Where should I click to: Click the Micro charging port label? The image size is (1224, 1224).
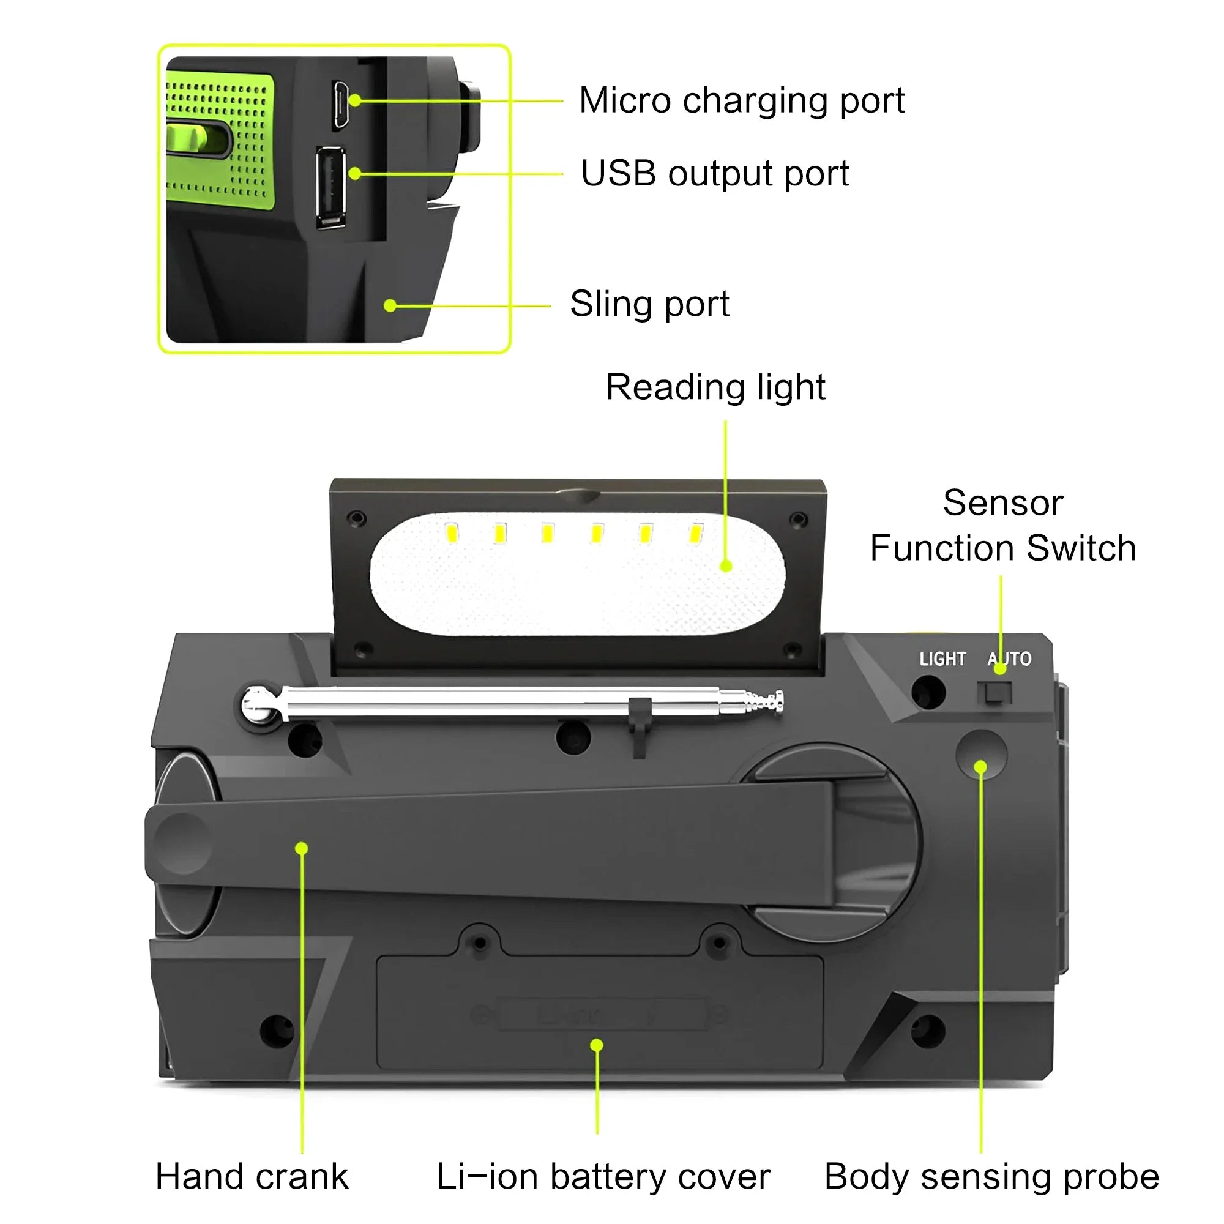(x=741, y=101)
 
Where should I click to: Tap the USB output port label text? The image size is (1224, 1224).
(x=714, y=174)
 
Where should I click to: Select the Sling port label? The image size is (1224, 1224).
(x=649, y=304)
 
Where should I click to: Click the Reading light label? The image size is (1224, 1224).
(x=715, y=387)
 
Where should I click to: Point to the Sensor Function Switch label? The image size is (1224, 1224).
(x=1002, y=525)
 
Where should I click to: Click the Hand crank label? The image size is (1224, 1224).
(x=252, y=1176)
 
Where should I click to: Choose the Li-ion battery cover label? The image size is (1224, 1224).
(x=603, y=1176)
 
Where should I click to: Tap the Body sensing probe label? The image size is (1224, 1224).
(x=991, y=1176)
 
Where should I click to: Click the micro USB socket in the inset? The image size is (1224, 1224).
(x=340, y=105)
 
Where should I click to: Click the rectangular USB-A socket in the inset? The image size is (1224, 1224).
(x=330, y=186)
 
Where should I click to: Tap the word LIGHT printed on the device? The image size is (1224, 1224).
(x=942, y=660)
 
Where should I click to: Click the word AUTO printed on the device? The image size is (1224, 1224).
(x=1009, y=660)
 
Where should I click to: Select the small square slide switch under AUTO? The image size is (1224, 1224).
(x=994, y=693)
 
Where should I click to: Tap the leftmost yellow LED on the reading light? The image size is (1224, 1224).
(x=452, y=533)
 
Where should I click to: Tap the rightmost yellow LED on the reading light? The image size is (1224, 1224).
(x=696, y=533)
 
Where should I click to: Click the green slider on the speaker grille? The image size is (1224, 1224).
(x=196, y=139)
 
